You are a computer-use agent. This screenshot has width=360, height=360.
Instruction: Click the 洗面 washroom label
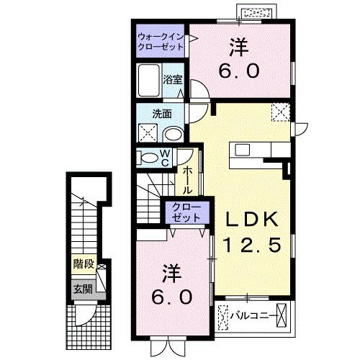[152, 113]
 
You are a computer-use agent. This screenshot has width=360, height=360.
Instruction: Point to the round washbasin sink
[173, 135]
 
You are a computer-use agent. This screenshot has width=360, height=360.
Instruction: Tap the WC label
[164, 156]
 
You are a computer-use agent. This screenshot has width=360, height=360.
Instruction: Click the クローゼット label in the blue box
[186, 212]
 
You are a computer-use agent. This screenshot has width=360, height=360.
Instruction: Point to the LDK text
[249, 218]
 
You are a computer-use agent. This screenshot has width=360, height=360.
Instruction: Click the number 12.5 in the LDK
[249, 245]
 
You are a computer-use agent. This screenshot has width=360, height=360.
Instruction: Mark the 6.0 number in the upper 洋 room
[239, 71]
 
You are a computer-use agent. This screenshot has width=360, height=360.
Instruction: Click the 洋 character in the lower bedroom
[170, 273]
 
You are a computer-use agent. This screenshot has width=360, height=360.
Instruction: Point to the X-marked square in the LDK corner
[279, 112]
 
